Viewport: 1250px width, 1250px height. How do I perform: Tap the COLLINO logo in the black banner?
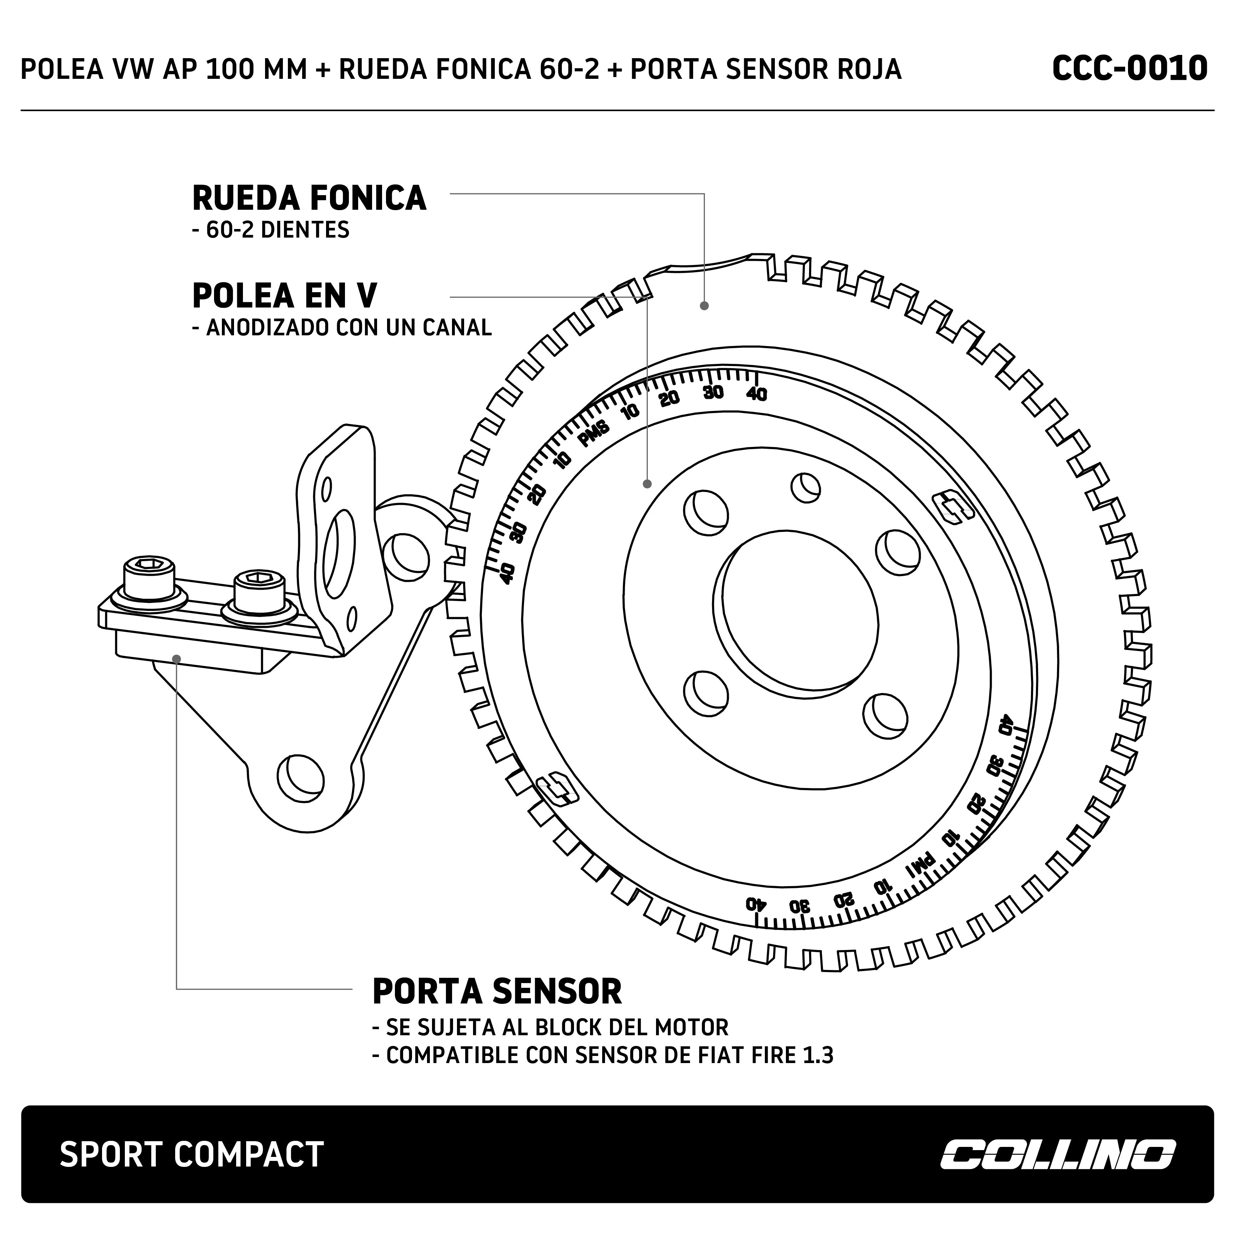(1057, 1154)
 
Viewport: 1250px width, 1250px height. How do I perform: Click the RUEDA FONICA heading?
(309, 198)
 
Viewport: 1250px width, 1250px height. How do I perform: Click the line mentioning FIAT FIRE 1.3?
(603, 1055)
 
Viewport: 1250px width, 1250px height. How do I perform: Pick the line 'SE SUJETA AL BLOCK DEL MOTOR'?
(550, 1027)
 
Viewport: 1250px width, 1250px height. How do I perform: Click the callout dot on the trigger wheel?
(705, 305)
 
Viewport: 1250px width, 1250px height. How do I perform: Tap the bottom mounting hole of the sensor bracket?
(300, 773)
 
